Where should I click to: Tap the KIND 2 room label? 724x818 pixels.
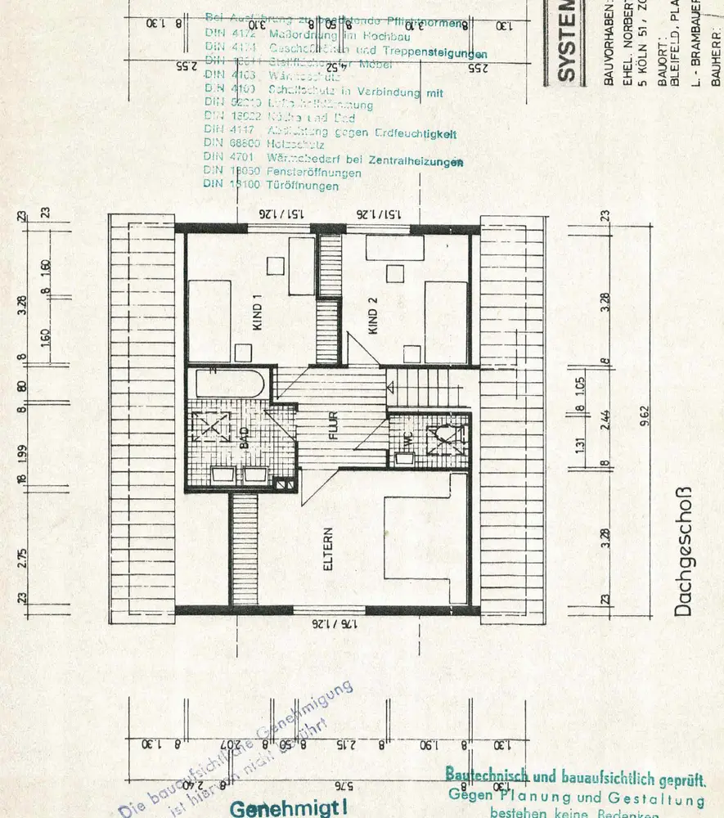(x=373, y=316)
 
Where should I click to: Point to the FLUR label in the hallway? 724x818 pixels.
(x=333, y=426)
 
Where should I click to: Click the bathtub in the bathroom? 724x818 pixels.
(x=228, y=384)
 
